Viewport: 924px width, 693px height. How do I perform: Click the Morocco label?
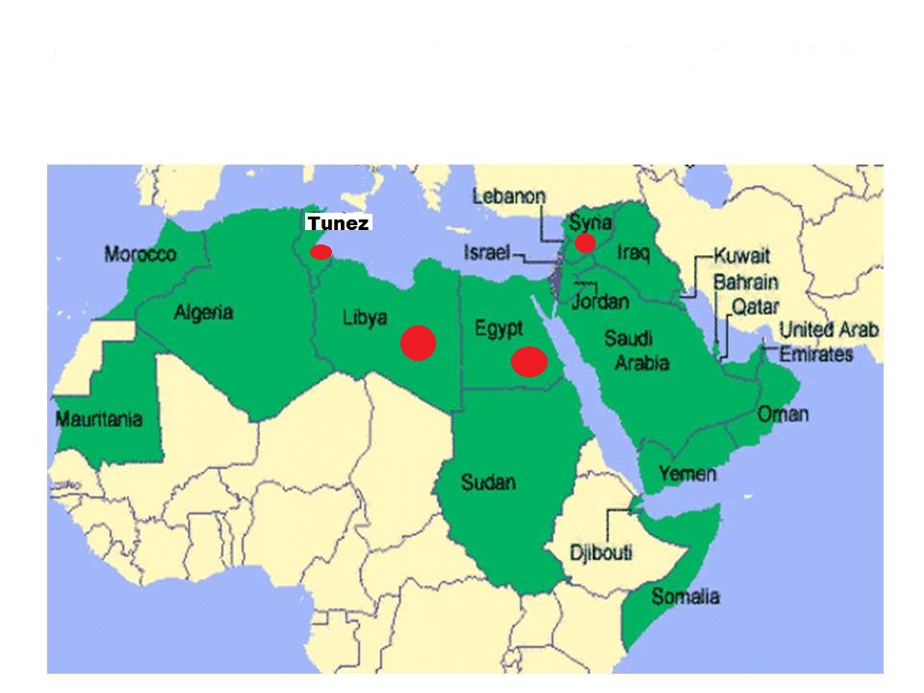tap(141, 255)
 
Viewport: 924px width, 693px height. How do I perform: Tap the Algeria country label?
tap(203, 313)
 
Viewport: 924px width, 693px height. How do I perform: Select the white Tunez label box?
tap(338, 223)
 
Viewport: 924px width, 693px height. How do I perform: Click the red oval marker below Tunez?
tap(321, 252)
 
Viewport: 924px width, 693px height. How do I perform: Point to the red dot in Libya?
tap(419, 343)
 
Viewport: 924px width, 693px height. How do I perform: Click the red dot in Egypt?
tap(529, 361)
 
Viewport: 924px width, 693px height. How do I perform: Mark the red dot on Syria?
tap(585, 243)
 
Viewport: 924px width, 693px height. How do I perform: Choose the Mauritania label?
tap(99, 420)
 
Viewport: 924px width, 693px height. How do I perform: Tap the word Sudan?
tap(488, 482)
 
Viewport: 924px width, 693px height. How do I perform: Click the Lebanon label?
tap(509, 196)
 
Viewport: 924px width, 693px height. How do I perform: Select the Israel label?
tap(488, 253)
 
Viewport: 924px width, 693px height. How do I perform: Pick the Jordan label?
tap(601, 301)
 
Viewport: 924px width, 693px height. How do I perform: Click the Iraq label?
tap(634, 253)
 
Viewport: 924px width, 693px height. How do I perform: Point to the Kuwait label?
tap(742, 258)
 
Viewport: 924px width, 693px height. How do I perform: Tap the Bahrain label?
tap(746, 284)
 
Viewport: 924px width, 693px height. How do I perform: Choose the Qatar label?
tap(756, 307)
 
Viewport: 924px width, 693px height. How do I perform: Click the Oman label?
tap(783, 415)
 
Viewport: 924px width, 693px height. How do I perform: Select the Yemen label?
tap(687, 474)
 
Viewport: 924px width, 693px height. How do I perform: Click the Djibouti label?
tap(602, 553)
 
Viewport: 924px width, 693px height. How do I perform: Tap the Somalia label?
tap(685, 597)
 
